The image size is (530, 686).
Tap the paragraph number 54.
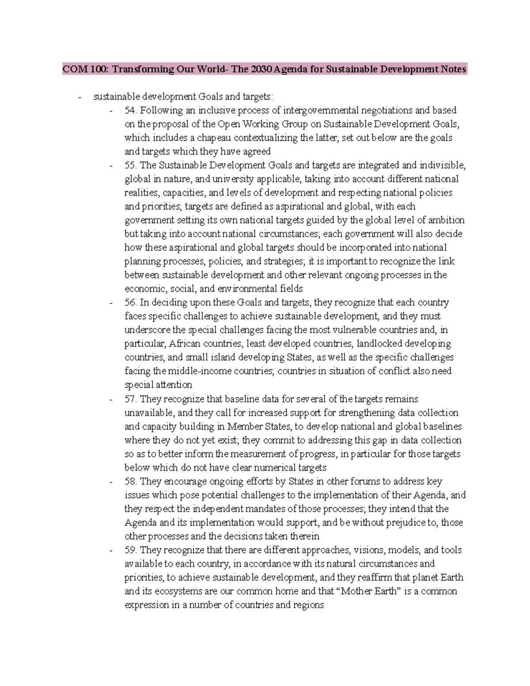coord(131,110)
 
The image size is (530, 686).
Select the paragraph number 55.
coord(131,165)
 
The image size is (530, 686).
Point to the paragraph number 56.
coord(131,303)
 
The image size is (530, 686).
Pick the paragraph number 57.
coord(131,399)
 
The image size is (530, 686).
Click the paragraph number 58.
coord(131,481)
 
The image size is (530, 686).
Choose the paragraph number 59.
coord(131,550)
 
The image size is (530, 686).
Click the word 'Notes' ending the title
coord(454,69)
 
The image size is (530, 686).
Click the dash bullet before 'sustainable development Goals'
coord(79,97)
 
